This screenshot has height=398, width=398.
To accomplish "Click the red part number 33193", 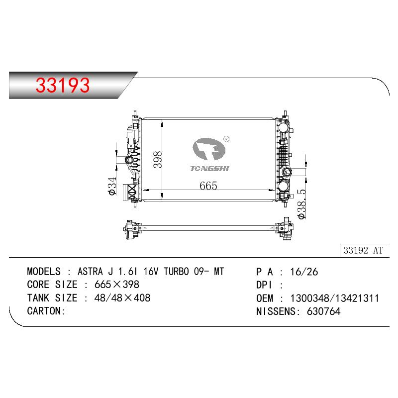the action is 63,85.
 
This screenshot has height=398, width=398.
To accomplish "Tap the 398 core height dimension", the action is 158,159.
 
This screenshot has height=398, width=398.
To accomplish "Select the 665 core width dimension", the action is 208,186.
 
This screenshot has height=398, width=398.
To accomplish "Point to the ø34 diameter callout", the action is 112,186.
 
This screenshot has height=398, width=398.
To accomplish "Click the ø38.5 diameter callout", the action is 301,203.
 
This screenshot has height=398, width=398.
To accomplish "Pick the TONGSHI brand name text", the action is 209,169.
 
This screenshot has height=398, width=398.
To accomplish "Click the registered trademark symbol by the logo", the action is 226,139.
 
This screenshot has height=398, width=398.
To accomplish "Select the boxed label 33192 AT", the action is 363,251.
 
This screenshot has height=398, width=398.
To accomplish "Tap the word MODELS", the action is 44,271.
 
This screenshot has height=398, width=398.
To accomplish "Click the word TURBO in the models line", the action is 176,271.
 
